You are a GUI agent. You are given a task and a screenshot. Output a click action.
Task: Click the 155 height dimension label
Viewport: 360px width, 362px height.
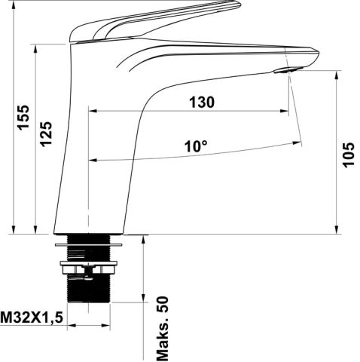[x=23, y=118]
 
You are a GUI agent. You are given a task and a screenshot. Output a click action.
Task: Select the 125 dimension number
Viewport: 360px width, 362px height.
[x=46, y=134]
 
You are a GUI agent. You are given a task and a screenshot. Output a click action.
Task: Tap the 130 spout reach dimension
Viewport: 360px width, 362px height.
[x=202, y=103]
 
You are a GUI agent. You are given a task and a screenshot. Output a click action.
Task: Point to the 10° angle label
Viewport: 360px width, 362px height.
[x=196, y=146]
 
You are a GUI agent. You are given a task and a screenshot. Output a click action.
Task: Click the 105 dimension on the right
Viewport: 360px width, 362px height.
[x=349, y=155]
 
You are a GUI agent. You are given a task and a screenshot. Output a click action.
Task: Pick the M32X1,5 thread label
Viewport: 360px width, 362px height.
[x=32, y=318]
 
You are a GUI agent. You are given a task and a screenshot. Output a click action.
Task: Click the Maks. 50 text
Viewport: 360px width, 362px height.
[x=163, y=329]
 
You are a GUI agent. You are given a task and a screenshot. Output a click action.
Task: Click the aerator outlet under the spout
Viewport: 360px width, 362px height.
[x=288, y=70]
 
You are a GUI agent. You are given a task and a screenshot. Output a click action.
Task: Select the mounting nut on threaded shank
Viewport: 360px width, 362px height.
[x=88, y=268]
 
